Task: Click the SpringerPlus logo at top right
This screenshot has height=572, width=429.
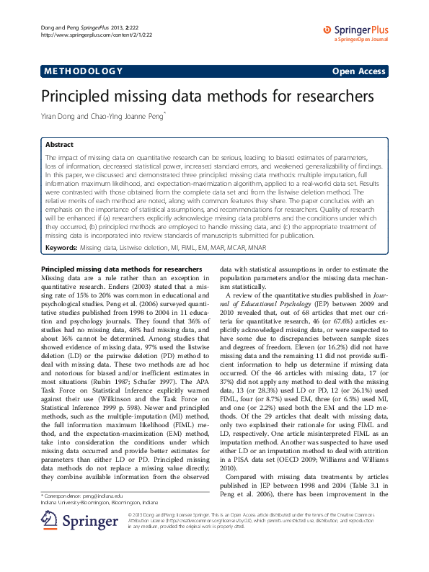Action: coord(357,30)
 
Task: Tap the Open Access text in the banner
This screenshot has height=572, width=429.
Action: coord(359,71)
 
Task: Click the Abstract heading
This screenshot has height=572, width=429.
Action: coord(60,144)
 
